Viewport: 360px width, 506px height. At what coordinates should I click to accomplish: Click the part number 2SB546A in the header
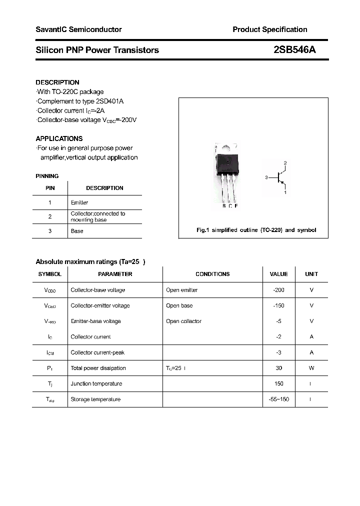click(x=294, y=50)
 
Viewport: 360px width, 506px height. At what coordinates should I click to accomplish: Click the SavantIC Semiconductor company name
click(x=78, y=29)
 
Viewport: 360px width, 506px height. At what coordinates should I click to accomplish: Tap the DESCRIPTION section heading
click(x=57, y=82)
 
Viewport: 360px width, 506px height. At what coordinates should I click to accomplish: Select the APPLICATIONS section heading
click(x=59, y=138)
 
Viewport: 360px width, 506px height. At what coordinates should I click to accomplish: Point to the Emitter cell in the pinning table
click(x=79, y=202)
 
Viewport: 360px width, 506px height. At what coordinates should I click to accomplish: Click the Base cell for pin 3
click(x=77, y=231)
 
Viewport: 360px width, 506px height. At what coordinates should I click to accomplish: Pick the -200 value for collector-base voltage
click(x=278, y=290)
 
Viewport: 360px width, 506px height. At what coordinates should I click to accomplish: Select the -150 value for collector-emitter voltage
click(x=278, y=305)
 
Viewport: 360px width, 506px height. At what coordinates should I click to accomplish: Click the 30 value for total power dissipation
click(x=278, y=368)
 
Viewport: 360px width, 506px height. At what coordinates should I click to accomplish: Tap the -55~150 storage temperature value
click(x=278, y=399)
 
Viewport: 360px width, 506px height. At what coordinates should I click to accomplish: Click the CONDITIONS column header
click(x=212, y=274)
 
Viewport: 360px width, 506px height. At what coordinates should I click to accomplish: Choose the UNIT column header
click(x=311, y=274)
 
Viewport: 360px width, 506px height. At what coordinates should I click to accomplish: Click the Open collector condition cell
click(x=183, y=321)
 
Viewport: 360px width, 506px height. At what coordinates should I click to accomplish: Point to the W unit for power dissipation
click(x=311, y=368)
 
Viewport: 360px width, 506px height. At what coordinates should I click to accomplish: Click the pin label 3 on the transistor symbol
click(x=267, y=177)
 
